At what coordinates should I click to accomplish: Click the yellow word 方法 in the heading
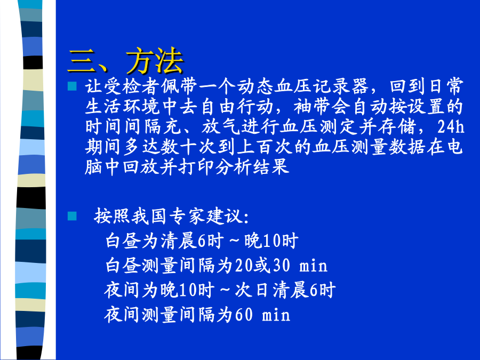(x=155, y=60)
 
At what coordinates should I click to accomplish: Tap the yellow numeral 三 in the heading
(x=82, y=61)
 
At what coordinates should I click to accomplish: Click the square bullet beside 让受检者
(x=72, y=86)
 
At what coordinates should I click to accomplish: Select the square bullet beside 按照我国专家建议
(x=72, y=216)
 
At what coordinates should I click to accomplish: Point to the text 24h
(x=451, y=126)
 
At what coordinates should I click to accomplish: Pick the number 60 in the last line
(x=244, y=315)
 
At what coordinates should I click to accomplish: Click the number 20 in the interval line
(x=244, y=266)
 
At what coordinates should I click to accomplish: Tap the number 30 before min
(x=281, y=266)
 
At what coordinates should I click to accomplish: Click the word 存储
(x=396, y=126)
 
